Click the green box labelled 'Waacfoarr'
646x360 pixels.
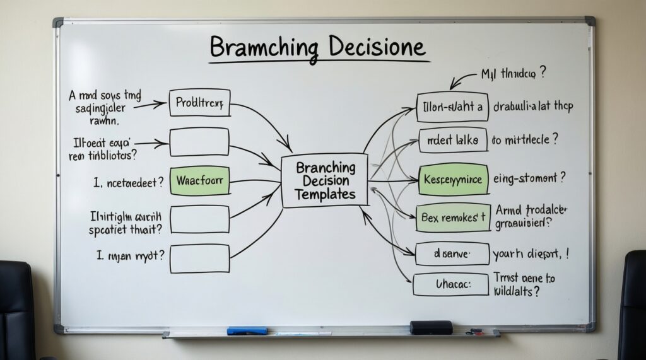199,181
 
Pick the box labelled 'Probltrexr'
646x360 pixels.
199,102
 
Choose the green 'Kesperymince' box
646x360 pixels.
453,180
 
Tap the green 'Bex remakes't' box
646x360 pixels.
453,218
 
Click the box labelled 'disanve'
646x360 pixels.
452,254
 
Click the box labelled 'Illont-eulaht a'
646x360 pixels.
453,107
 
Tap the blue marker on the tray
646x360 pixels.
247,330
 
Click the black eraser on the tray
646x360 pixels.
431,327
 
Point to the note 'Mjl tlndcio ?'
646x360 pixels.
514,74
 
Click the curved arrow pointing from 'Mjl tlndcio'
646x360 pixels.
462,79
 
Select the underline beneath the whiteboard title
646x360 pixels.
319,62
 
